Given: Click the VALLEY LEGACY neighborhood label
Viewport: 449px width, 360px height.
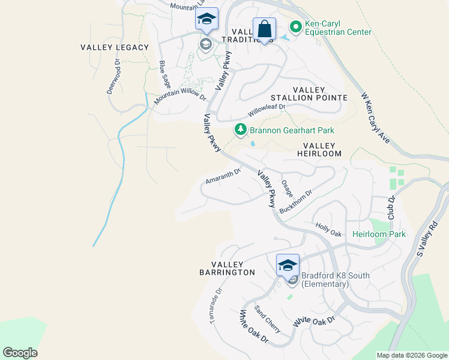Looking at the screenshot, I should pos(114,47).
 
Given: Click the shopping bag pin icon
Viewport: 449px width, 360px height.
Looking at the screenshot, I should pos(264,29).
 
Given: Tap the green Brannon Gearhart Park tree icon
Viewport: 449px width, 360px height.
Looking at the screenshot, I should pos(240,130).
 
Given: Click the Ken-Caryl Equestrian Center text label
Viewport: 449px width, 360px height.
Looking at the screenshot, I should pos(338,28).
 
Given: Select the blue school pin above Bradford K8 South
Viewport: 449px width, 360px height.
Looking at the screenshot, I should pos(288,265).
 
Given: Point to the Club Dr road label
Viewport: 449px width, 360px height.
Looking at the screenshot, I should pos(391,206).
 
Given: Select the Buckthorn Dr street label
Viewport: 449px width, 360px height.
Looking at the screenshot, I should pos(296,202).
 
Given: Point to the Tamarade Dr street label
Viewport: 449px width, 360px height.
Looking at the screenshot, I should pos(216,306).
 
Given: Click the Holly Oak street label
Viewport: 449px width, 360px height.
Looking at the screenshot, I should pos(328,229).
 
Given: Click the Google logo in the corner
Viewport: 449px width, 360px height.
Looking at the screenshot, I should pos(20,353).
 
